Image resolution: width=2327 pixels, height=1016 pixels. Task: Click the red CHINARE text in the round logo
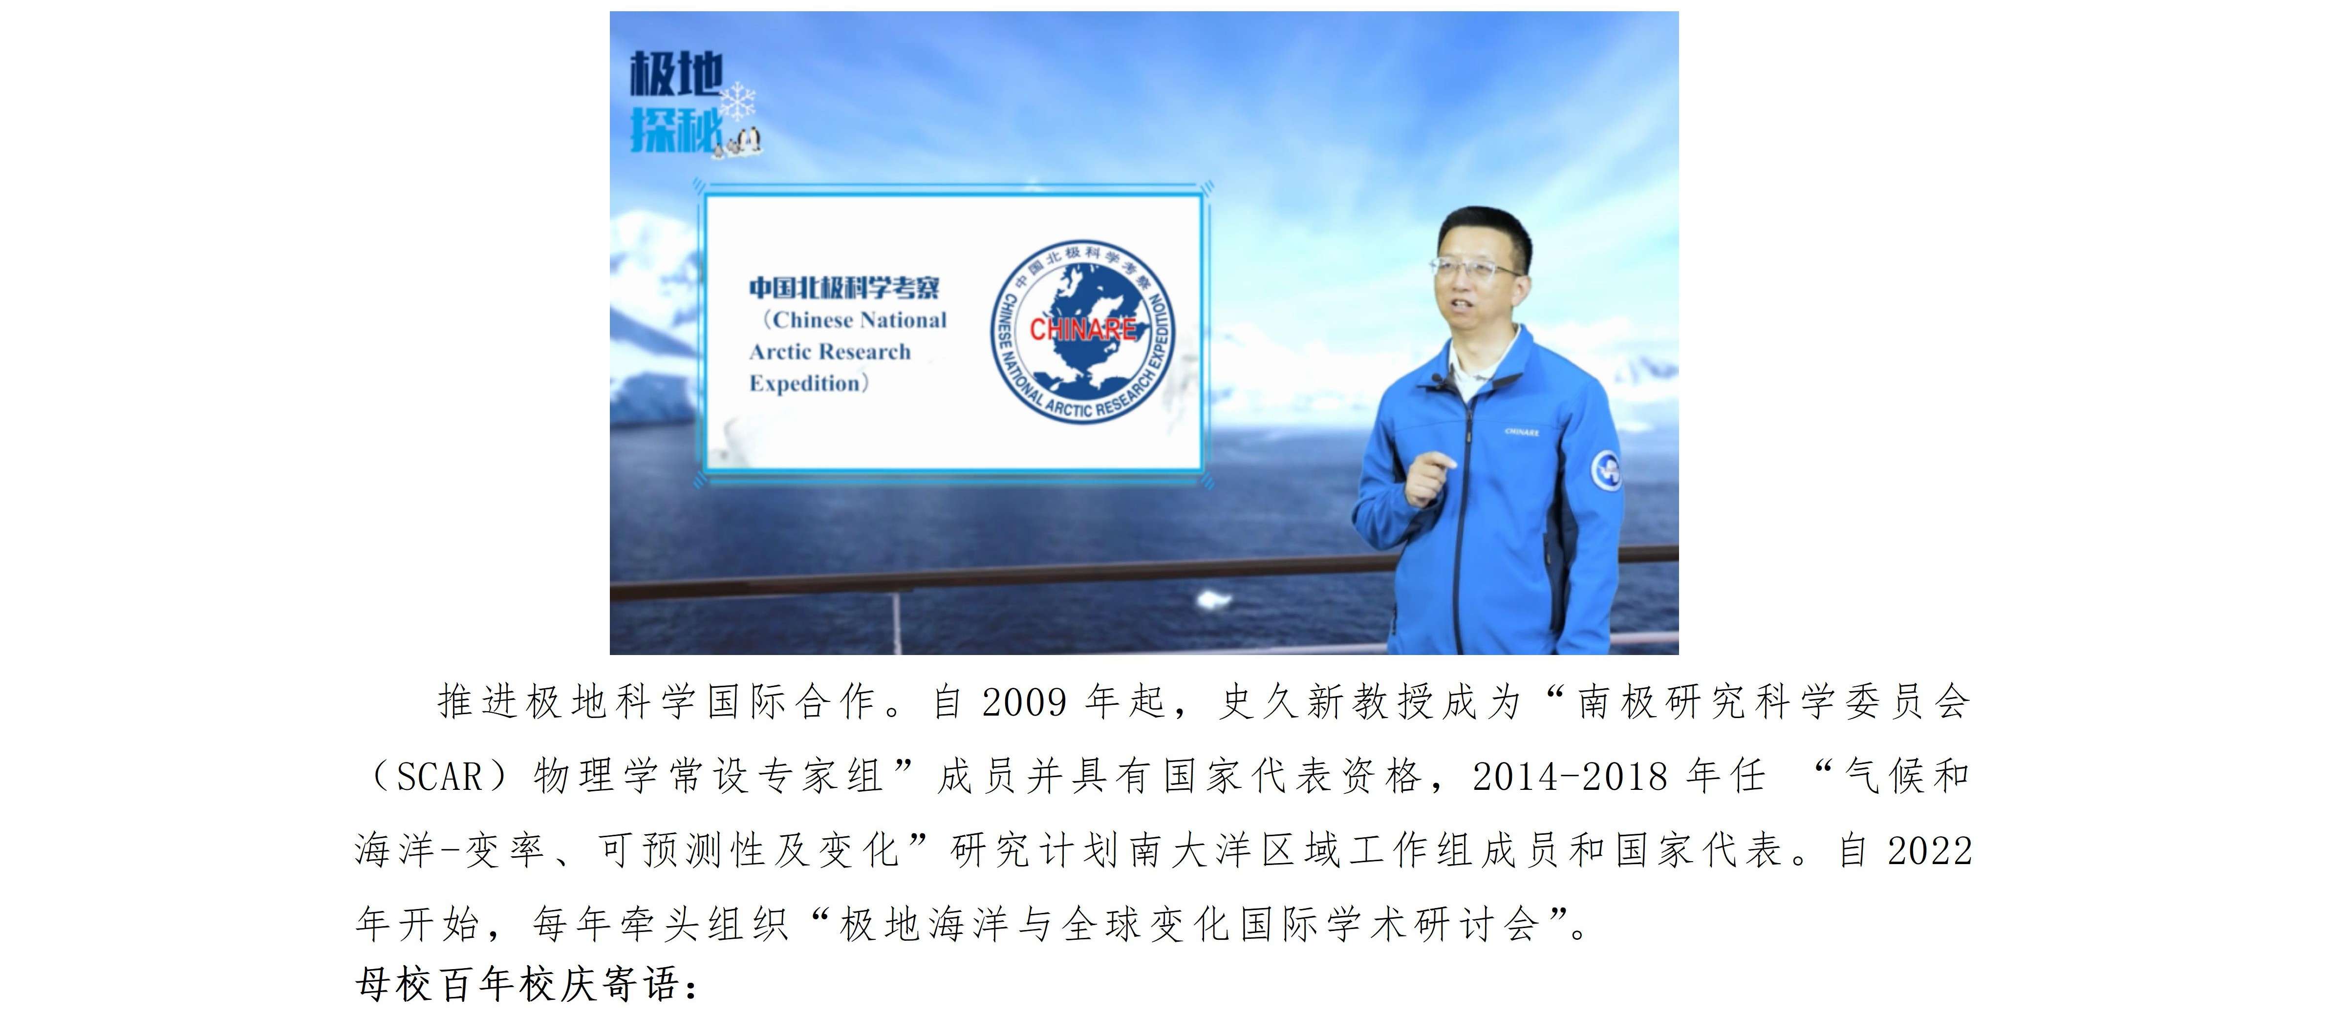pos(1082,330)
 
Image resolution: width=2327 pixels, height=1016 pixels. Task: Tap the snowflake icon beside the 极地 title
pos(739,101)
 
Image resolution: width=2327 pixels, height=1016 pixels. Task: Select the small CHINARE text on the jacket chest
pos(1522,432)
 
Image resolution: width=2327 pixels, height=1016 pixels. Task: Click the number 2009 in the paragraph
pos(1024,702)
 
